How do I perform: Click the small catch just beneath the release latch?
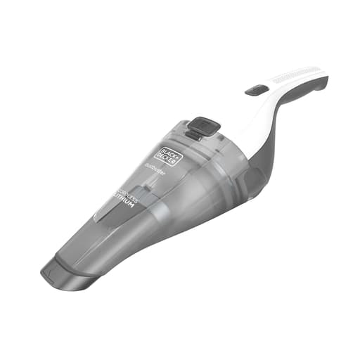coord(195,136)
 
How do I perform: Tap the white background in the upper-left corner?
coord(28,28)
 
